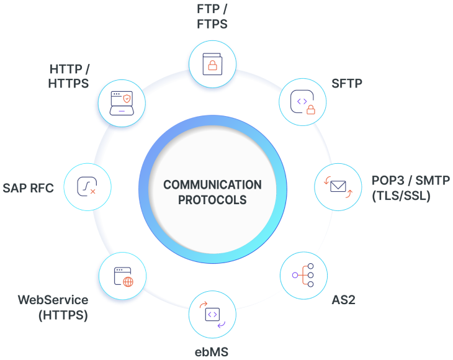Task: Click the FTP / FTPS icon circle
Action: coord(212,63)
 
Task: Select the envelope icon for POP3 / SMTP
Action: coord(338,186)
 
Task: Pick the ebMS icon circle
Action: coord(212,314)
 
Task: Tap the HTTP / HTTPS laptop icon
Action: coord(121,101)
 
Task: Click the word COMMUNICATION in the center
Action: coord(212,185)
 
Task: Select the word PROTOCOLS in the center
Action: coord(212,200)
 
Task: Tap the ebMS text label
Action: coord(212,353)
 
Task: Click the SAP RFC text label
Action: coord(29,187)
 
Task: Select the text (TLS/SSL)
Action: coord(400,197)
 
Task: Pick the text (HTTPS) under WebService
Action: coord(63,315)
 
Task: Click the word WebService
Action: coord(53,300)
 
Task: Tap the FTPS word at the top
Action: coord(212,25)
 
